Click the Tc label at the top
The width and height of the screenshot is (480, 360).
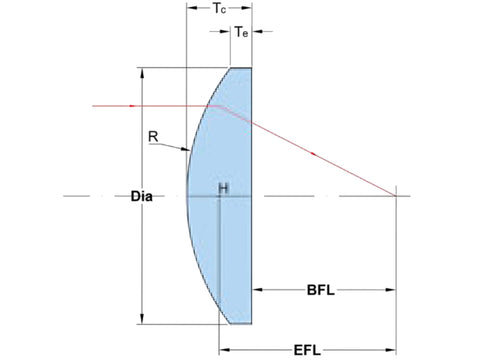coord(219,8)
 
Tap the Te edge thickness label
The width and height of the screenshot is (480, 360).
coord(242,32)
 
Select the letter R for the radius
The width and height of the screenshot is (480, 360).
coord(153,137)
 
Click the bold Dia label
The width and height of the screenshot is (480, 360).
coord(142,196)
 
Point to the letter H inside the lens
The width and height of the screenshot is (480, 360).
coord(223,189)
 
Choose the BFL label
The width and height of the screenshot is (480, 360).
coord(320,290)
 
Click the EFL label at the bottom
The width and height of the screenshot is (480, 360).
coord(307,350)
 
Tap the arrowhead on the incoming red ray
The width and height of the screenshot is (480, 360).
coord(132,106)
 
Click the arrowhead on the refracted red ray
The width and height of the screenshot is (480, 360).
coord(313,154)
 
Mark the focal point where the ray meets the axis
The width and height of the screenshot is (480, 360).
coord(396,196)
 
